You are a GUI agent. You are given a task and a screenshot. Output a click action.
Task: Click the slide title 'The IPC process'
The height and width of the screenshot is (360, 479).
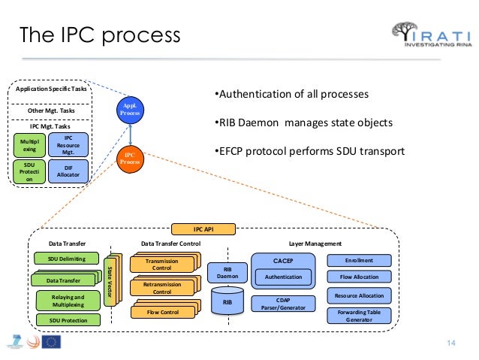pyautogui.click(x=99, y=35)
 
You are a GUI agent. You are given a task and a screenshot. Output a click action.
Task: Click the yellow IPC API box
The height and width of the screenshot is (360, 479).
pyautogui.click(x=203, y=229)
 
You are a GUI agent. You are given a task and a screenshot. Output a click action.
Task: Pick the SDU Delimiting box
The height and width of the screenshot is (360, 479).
pyautogui.click(x=67, y=259)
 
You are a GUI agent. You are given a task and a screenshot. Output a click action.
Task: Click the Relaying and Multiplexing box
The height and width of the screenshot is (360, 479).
pyautogui.click(x=67, y=301)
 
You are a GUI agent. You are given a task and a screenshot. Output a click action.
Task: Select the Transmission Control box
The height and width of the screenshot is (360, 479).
pyautogui.click(x=161, y=264)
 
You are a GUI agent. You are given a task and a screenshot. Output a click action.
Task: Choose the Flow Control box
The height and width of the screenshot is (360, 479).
pyautogui.click(x=161, y=312)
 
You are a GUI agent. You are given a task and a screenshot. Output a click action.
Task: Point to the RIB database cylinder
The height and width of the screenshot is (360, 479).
pyautogui.click(x=227, y=302)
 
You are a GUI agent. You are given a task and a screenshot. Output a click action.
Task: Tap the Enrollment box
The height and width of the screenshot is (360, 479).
pyautogui.click(x=360, y=260)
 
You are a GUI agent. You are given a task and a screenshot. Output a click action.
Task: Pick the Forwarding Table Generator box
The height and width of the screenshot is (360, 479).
pyautogui.click(x=360, y=316)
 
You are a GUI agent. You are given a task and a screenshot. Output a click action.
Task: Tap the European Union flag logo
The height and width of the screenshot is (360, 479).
pyautogui.click(x=52, y=342)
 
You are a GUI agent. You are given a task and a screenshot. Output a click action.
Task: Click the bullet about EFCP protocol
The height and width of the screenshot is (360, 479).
pyautogui.click(x=308, y=152)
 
